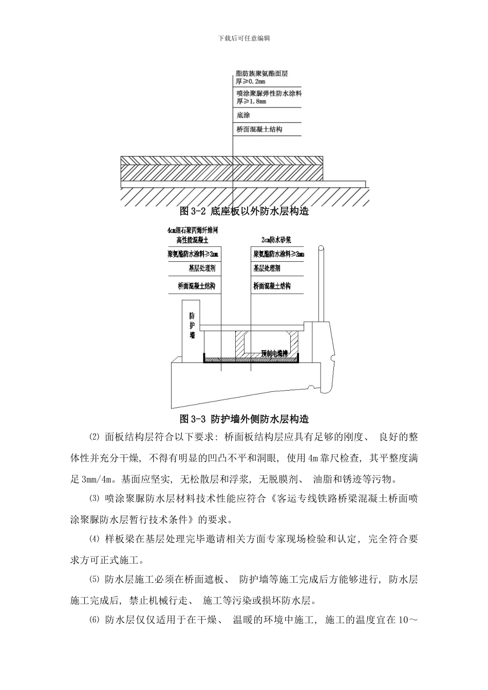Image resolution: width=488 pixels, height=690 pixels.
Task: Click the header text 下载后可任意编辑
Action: coord(244,38)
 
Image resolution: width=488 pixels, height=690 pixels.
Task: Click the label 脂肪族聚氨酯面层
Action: coord(261,74)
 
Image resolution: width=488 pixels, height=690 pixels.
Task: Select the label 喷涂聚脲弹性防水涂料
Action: coord(269,94)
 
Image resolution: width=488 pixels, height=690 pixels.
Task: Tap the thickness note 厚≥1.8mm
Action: coord(251,102)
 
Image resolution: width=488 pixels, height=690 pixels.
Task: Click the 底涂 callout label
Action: coord(243,115)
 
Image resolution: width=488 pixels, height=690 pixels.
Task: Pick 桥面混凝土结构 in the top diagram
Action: coord(259,129)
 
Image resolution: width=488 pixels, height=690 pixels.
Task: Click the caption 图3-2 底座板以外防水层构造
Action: coord(244,211)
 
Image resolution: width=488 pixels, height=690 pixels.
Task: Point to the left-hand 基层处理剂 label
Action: coord(202,269)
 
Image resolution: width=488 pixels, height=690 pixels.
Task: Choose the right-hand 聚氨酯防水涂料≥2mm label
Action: coord(278,254)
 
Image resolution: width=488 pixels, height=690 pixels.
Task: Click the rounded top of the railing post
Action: coord(321,250)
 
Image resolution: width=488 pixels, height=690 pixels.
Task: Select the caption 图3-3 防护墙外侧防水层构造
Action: coord(244,419)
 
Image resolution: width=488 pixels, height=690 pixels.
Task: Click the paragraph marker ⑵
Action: coord(93,437)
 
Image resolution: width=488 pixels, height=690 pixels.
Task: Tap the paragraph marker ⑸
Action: coord(93,580)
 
